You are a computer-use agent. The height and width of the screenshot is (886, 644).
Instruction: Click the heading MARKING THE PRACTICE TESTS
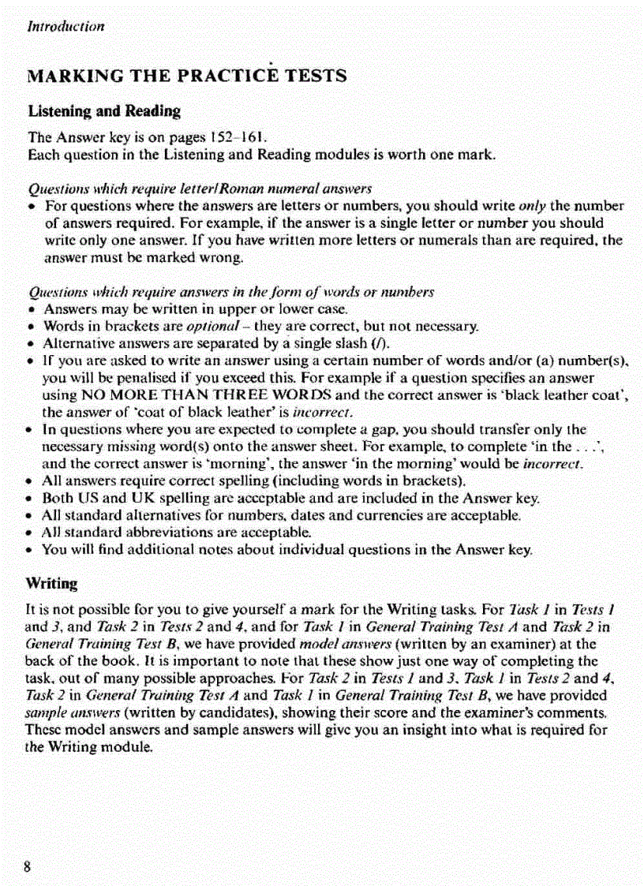tap(187, 76)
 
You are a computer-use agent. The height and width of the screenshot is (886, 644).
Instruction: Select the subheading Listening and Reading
tap(104, 110)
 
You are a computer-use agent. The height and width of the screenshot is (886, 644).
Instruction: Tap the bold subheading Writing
tap(52, 585)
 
